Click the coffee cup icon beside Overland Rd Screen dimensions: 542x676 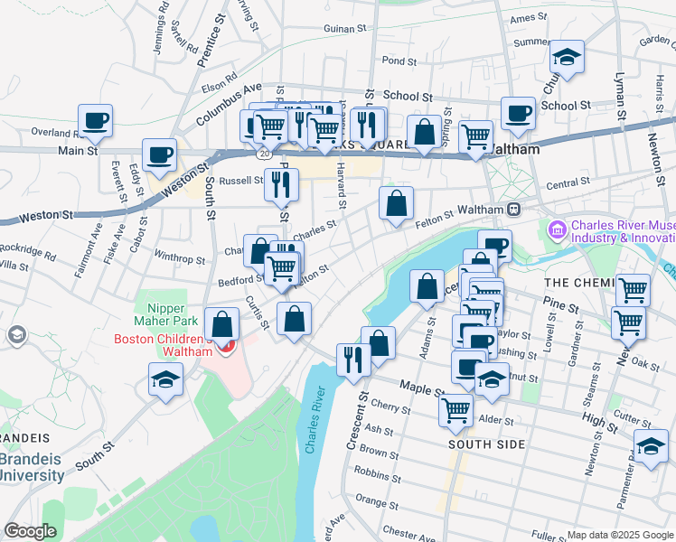tap(95, 120)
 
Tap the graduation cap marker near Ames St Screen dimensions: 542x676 tap(567, 57)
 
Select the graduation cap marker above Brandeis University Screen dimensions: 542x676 tap(166, 379)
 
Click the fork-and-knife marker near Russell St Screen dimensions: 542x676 tap(281, 184)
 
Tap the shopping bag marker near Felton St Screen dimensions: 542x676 tap(396, 203)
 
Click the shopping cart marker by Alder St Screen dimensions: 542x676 tap(455, 409)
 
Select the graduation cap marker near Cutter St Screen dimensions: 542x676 tap(650, 447)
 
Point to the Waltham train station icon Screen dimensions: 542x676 tap(512, 209)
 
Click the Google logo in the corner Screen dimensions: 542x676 tap(31, 530)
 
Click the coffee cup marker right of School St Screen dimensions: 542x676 tap(518, 113)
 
